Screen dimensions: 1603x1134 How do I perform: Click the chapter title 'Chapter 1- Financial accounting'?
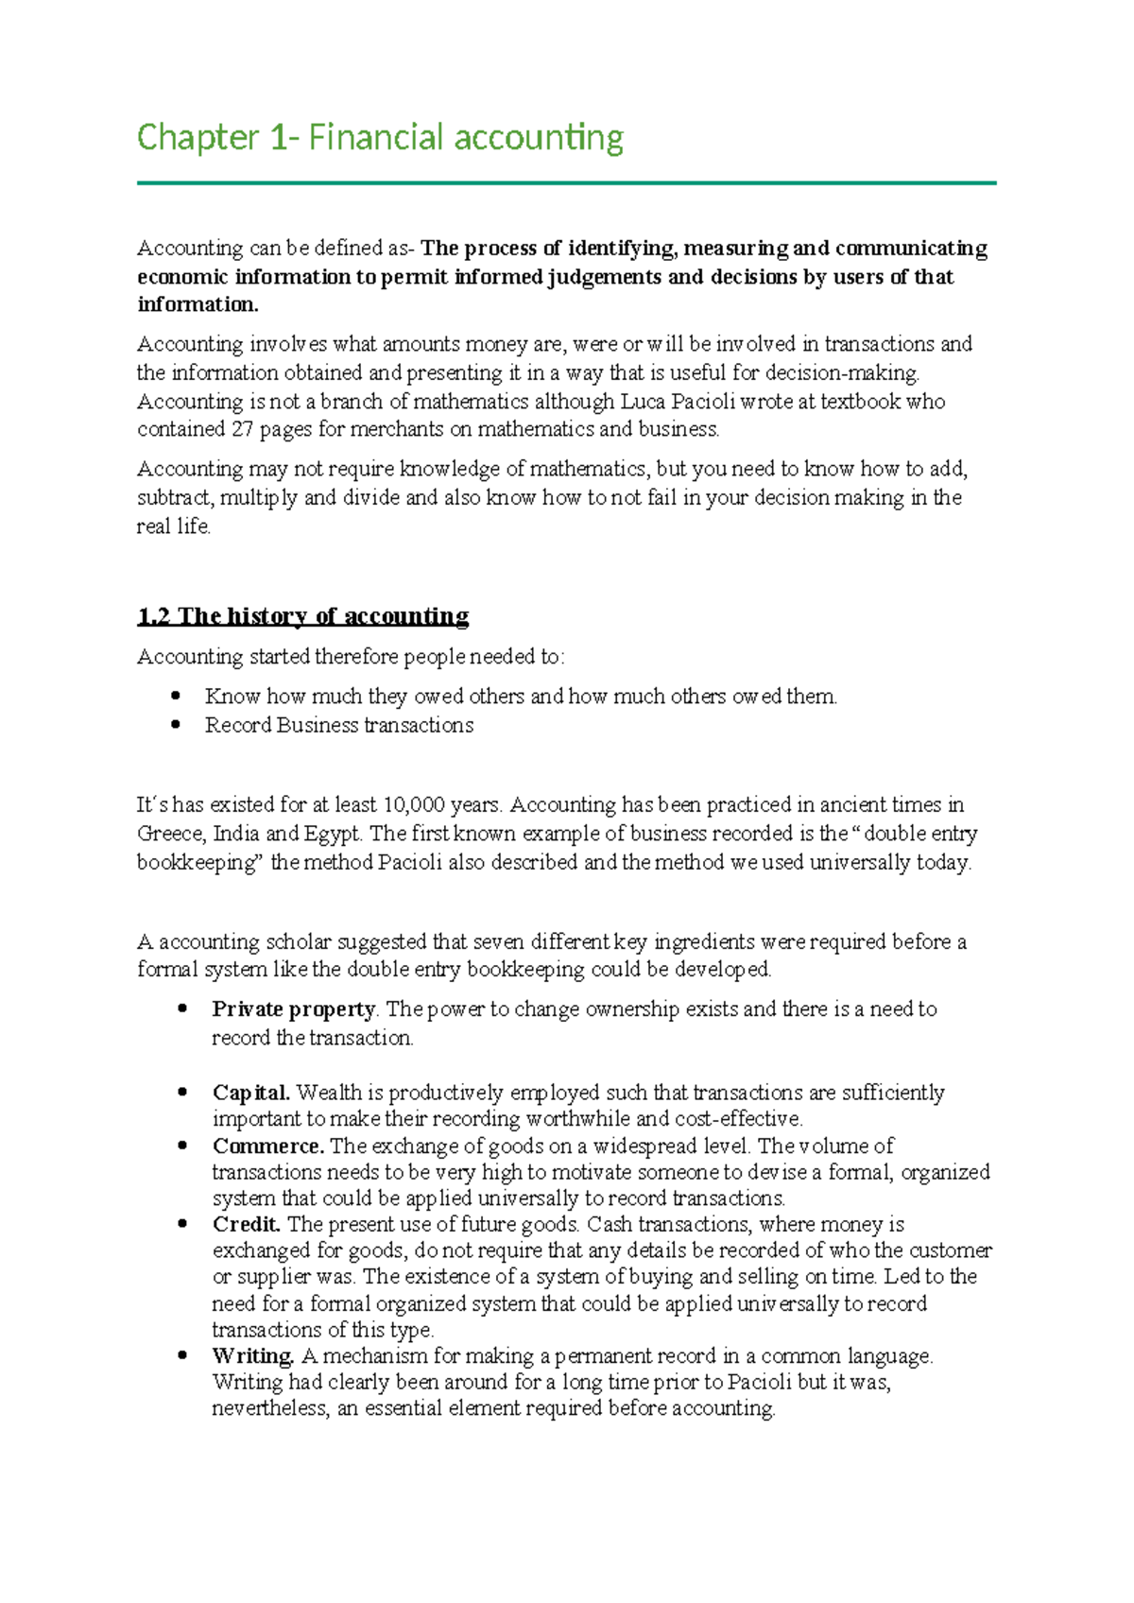point(380,138)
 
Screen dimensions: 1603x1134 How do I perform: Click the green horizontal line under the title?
point(567,182)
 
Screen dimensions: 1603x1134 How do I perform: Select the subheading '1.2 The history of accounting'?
point(302,617)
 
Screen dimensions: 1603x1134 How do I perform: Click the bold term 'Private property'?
point(294,1009)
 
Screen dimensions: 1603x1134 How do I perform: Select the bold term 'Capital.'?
point(251,1093)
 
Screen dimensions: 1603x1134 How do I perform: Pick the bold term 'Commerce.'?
point(268,1146)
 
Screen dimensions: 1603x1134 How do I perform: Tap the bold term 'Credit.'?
point(247,1225)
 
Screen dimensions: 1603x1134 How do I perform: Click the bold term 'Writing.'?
point(253,1356)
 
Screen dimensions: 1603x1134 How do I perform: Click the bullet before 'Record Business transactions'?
point(176,725)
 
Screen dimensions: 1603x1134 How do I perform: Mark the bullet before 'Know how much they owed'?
point(176,697)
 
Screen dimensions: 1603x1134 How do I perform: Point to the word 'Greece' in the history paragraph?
point(171,835)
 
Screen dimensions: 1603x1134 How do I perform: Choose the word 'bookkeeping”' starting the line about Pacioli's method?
point(199,863)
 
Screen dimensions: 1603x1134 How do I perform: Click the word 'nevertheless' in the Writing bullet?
point(271,1409)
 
